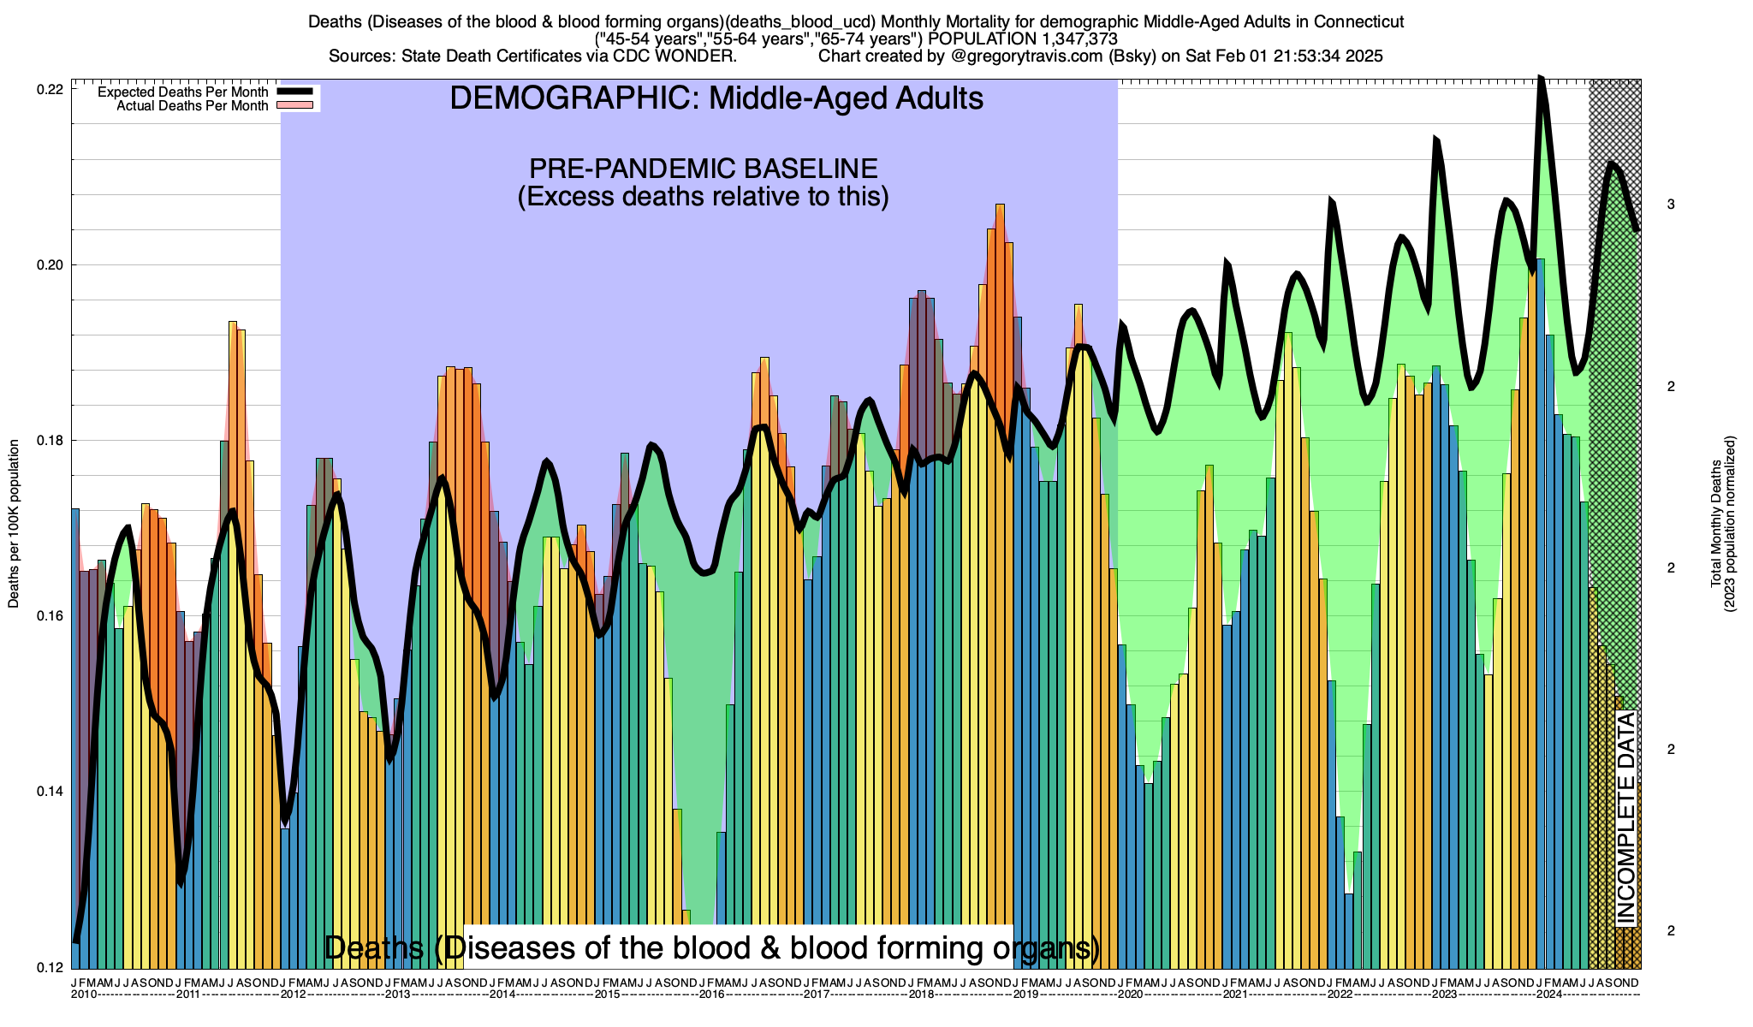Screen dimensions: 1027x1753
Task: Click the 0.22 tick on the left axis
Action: [x=52, y=90]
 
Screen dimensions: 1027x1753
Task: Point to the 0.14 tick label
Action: [x=52, y=792]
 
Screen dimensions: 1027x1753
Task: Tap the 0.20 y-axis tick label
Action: [x=52, y=265]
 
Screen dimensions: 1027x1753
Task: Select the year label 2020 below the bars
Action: [x=1130, y=994]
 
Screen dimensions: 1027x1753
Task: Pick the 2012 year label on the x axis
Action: [x=293, y=994]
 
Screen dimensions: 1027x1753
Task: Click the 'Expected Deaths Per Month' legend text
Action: [x=182, y=92]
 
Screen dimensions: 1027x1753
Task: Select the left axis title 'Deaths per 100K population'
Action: [x=14, y=524]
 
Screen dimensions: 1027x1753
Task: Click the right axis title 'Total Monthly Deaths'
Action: [x=1715, y=524]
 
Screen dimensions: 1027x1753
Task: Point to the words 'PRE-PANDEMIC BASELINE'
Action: [x=703, y=168]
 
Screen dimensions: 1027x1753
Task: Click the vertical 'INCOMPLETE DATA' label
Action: [x=1625, y=818]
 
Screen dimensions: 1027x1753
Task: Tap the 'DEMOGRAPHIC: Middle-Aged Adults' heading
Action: [x=716, y=98]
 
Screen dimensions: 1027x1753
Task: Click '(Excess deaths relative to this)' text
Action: [x=703, y=197]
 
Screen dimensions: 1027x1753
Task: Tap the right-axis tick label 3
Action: [x=1670, y=205]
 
